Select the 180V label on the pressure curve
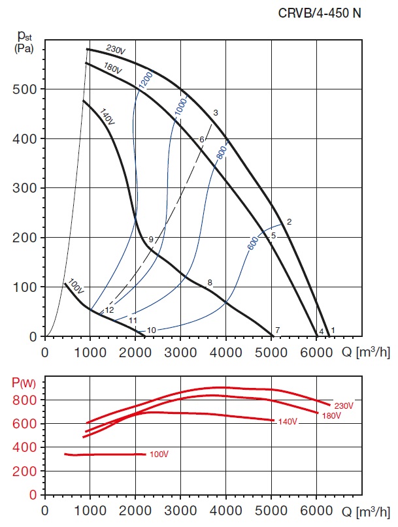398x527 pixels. [x=113, y=70]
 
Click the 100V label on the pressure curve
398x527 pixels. [x=76, y=287]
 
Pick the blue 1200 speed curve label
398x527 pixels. [x=145, y=80]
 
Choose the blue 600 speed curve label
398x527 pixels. [x=254, y=242]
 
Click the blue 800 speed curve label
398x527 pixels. [x=221, y=152]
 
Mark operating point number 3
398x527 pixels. [x=215, y=113]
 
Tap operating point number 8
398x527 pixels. [x=210, y=283]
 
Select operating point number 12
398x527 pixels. [x=109, y=310]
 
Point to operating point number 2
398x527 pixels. [x=289, y=221]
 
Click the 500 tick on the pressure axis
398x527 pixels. [x=24, y=89]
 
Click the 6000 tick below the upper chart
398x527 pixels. [x=317, y=353]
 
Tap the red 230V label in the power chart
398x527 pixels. [x=343, y=406]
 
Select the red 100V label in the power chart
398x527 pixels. [x=159, y=455]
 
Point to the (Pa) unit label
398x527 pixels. [x=24, y=49]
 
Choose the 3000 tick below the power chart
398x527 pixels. [x=180, y=509]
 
